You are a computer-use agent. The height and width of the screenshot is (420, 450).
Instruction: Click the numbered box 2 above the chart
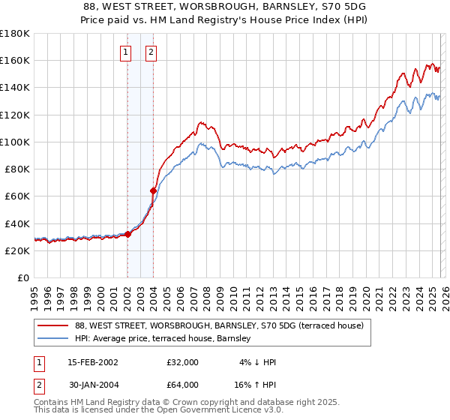[151, 52]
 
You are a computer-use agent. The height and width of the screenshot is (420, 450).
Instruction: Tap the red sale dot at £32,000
[127, 234]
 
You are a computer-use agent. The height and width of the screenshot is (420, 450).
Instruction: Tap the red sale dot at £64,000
[153, 190]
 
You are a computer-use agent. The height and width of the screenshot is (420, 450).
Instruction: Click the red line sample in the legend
[53, 325]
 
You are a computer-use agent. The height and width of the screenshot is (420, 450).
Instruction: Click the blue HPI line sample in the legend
[53, 339]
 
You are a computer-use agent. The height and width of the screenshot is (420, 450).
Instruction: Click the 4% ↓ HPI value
[256, 362]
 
